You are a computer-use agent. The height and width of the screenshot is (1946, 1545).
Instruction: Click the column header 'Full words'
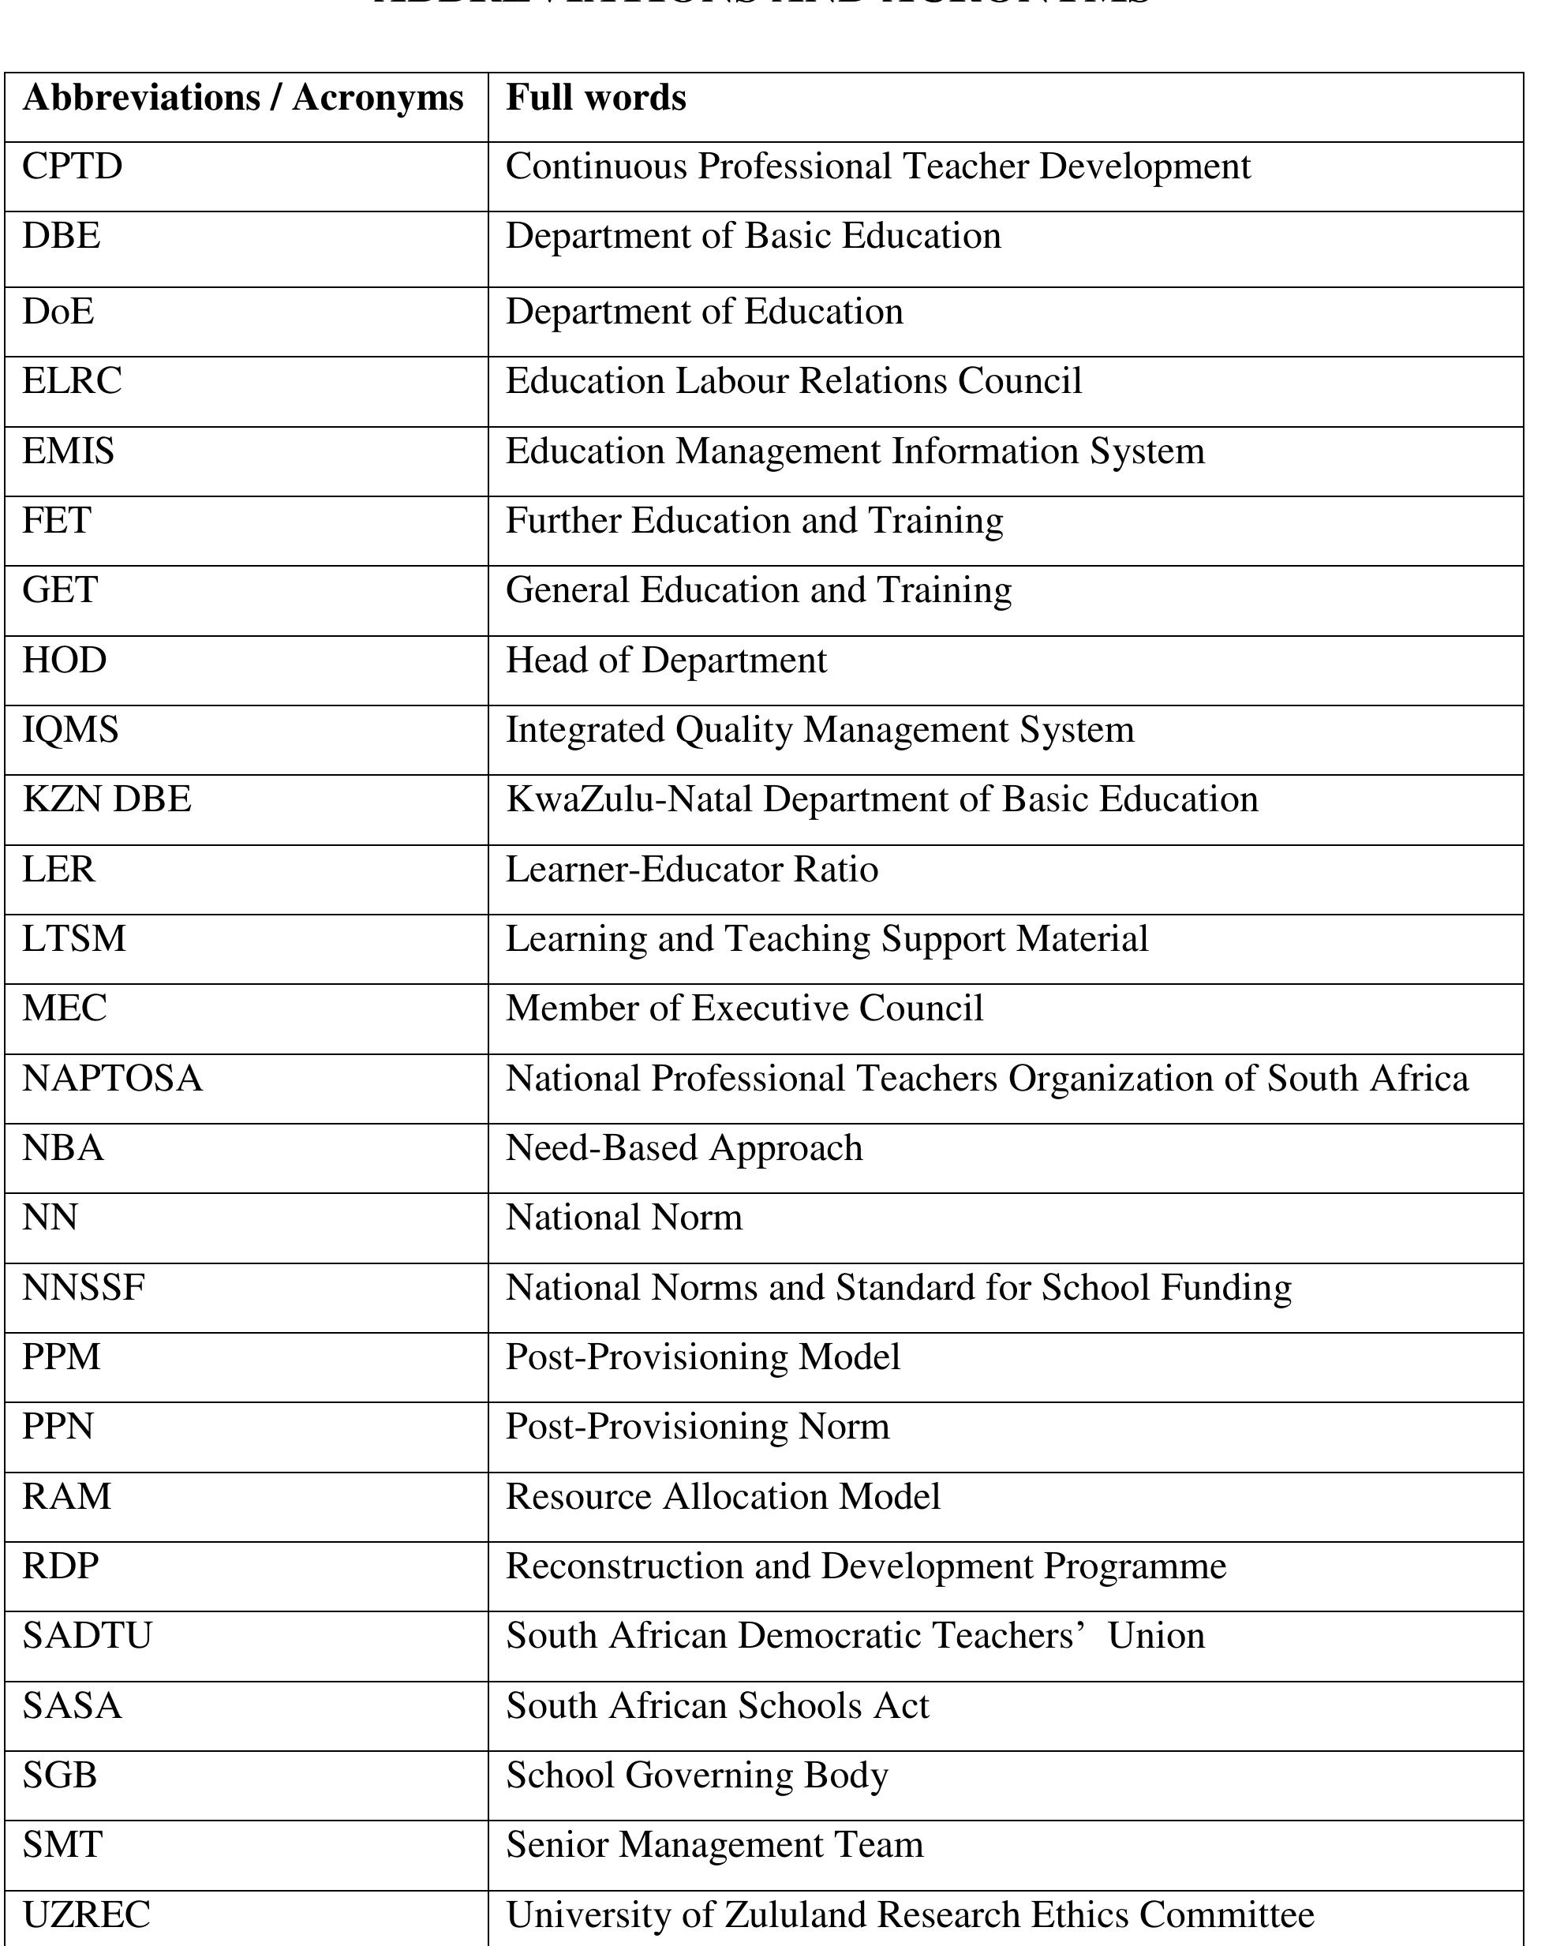pyautogui.click(x=596, y=99)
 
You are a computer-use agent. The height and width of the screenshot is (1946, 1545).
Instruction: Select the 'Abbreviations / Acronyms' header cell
pyautogui.click(x=243, y=99)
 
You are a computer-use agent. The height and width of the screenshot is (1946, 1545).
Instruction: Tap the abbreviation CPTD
pyautogui.click(x=72, y=167)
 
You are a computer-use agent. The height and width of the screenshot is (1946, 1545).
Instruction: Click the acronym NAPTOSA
pyautogui.click(x=112, y=1079)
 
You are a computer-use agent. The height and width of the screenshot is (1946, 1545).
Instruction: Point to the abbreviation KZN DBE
pyautogui.click(x=107, y=799)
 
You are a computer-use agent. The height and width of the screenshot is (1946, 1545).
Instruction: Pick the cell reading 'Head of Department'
pyautogui.click(x=666, y=661)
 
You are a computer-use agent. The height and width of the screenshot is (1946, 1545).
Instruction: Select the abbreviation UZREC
pyautogui.click(x=86, y=1914)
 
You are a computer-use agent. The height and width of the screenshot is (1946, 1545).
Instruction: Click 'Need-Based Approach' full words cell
pyautogui.click(x=684, y=1148)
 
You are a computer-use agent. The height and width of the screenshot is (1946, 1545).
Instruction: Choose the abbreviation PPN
pyautogui.click(x=58, y=1426)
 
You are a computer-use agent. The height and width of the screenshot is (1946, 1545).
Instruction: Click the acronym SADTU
pyautogui.click(x=87, y=1636)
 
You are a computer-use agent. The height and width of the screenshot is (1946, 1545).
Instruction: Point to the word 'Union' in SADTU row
pyautogui.click(x=1156, y=1636)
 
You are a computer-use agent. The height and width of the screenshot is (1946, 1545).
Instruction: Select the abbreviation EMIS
pyautogui.click(x=69, y=451)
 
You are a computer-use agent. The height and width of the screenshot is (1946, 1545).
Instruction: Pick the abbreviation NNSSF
pyautogui.click(x=83, y=1287)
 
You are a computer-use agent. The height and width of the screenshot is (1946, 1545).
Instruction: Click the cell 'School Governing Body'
pyautogui.click(x=697, y=1775)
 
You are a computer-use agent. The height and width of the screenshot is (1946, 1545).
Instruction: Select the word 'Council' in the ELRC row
pyautogui.click(x=1019, y=381)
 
